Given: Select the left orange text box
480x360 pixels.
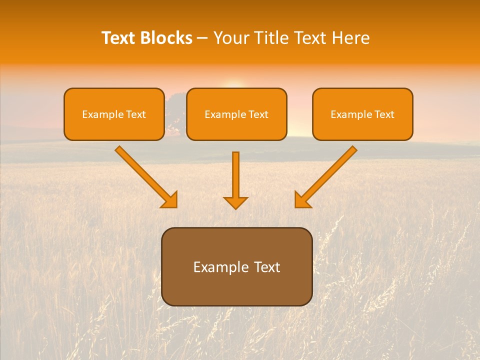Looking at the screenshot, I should pyautogui.click(x=114, y=114).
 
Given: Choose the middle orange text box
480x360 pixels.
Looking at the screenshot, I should pyautogui.click(x=236, y=114).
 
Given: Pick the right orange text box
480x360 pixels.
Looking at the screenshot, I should pyautogui.click(x=362, y=114).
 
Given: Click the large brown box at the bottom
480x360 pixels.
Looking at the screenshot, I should pyautogui.click(x=236, y=266).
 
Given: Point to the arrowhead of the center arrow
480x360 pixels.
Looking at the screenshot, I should pyautogui.click(x=235, y=202).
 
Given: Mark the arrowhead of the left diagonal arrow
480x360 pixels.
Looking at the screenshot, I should pyautogui.click(x=170, y=200).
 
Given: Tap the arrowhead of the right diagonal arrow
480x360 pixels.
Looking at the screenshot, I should pyautogui.click(x=302, y=200).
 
